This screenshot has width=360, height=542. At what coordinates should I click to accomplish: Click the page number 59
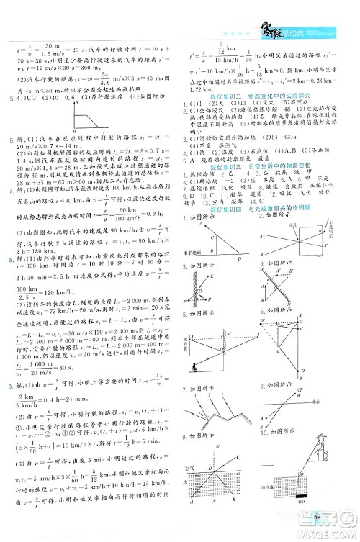322,531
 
